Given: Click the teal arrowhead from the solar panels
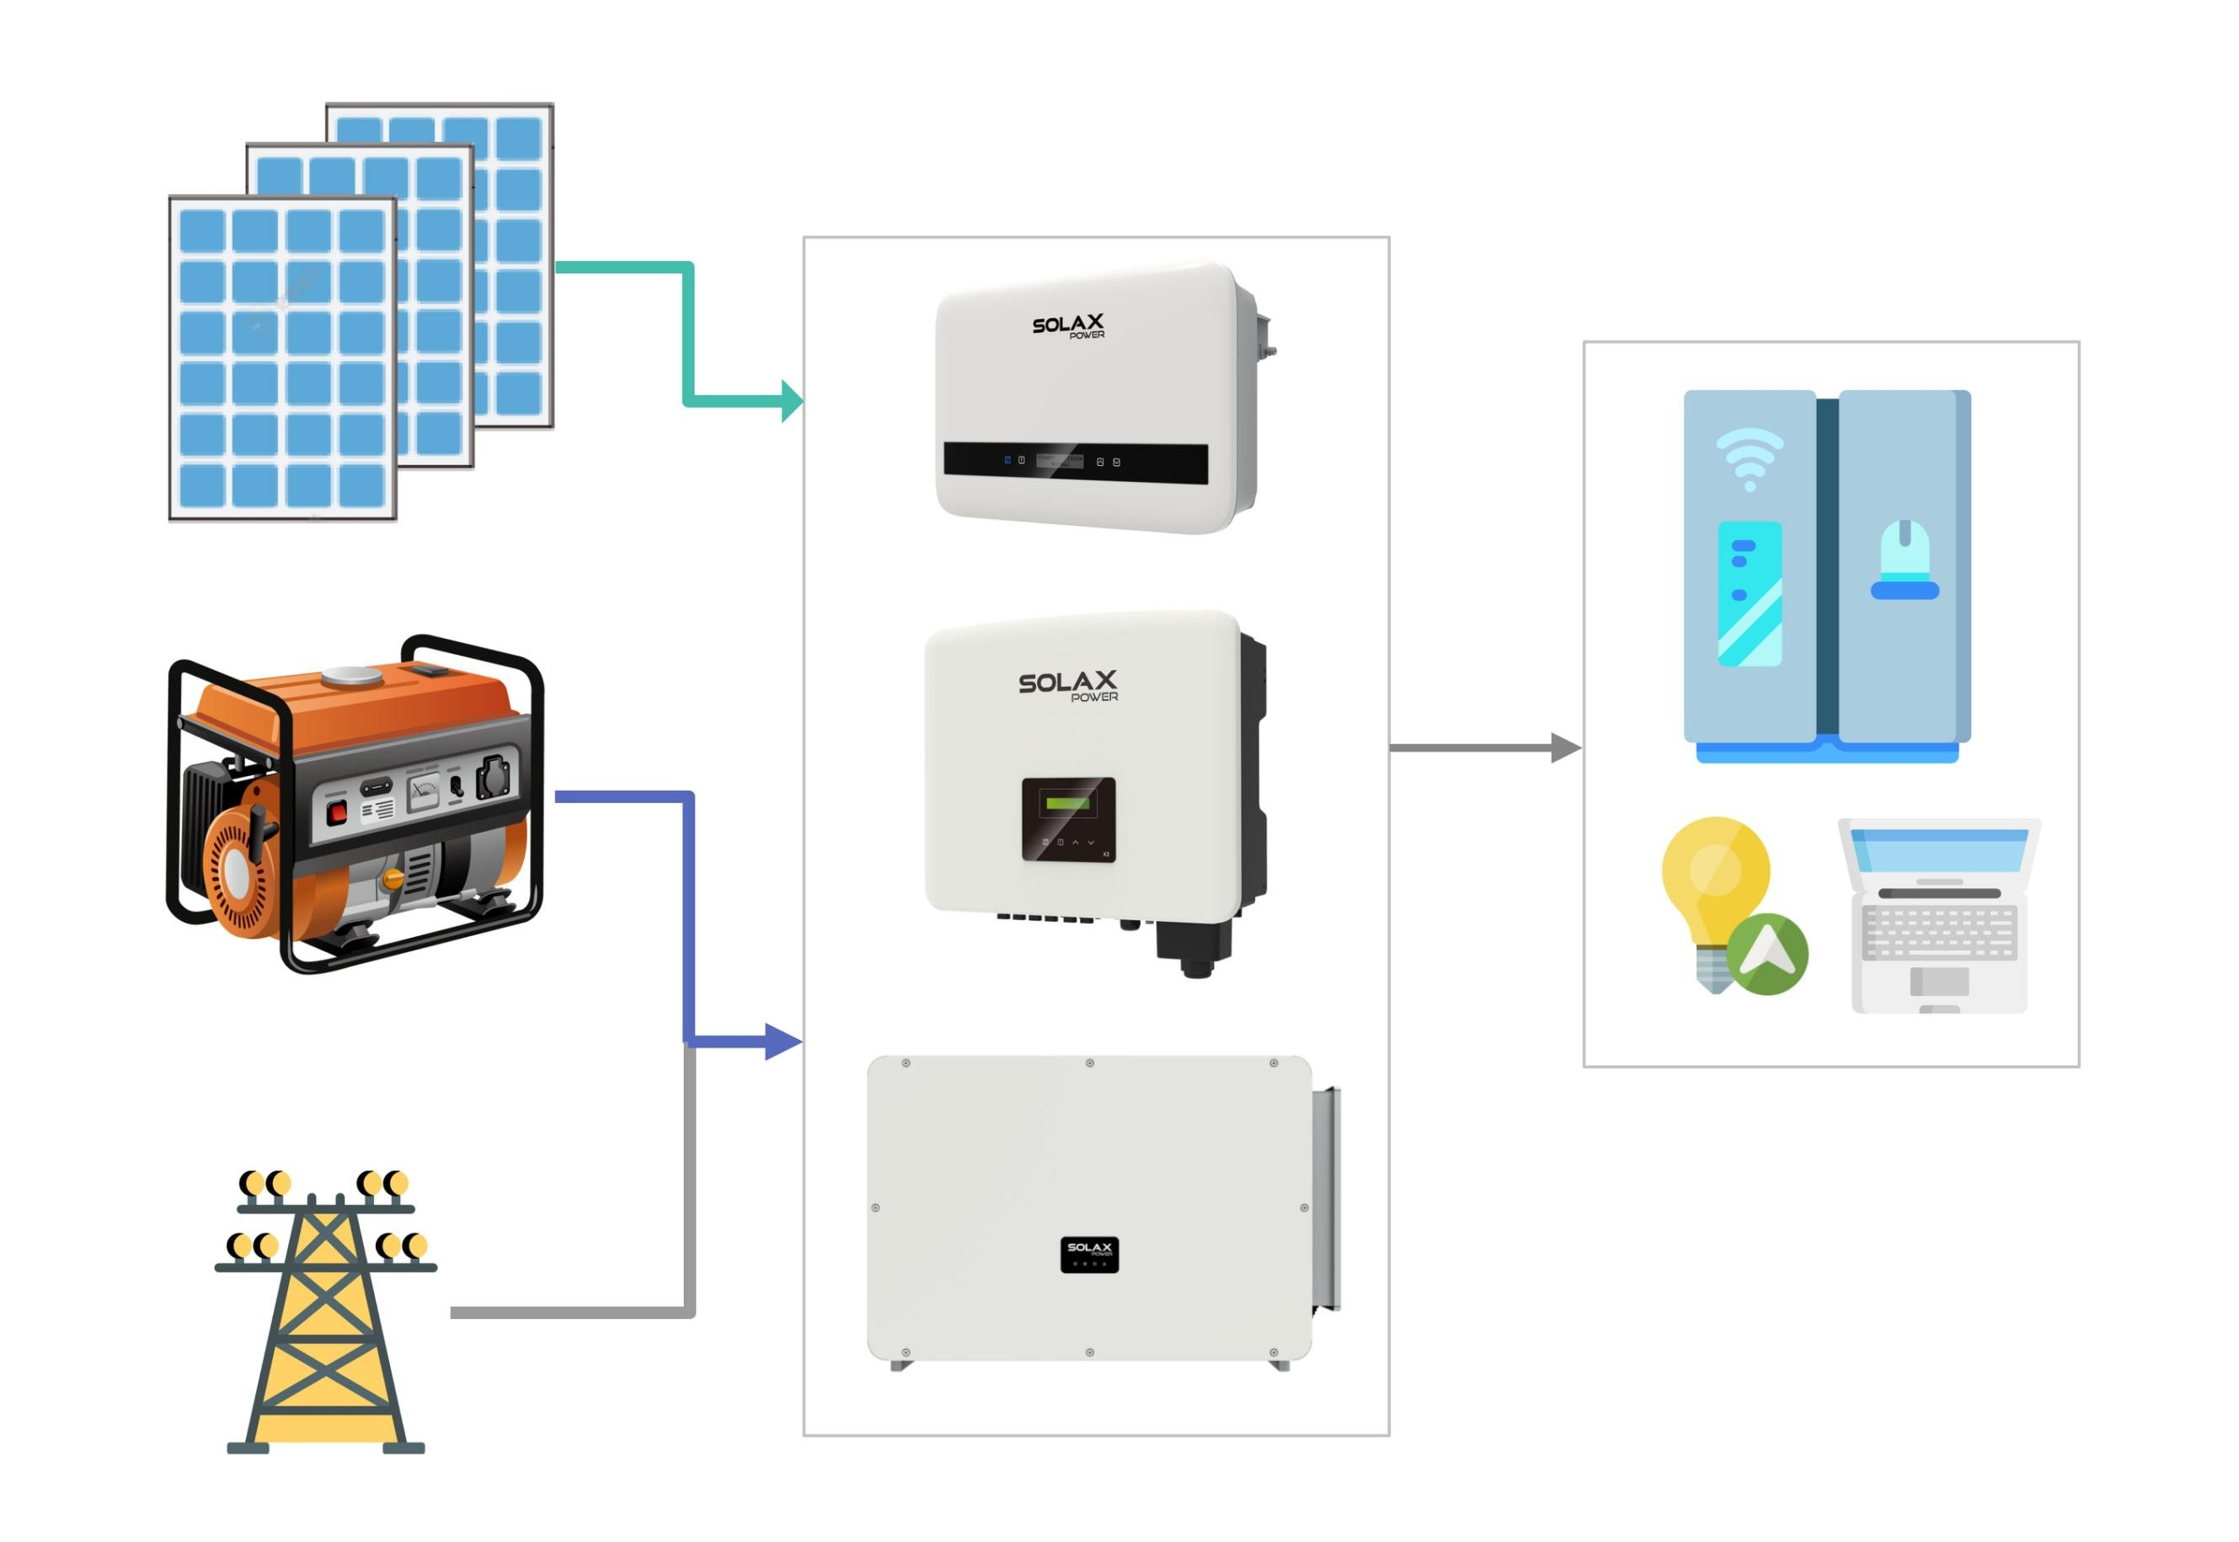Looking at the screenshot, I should click(792, 401).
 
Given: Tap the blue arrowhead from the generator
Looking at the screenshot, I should click(784, 1041).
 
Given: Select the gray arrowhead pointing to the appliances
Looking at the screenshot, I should click(1565, 747).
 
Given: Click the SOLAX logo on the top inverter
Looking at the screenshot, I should click(1067, 325).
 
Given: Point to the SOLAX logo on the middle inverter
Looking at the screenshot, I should click(1067, 684).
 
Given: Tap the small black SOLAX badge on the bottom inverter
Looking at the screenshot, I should click(1088, 1254).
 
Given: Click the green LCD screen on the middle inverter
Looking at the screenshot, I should click(1067, 802).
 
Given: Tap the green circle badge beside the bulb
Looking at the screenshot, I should click(1766, 955).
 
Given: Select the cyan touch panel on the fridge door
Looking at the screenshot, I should click(1750, 593).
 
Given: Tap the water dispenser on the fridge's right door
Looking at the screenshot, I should click(1905, 560).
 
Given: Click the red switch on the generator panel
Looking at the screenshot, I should click(336, 811).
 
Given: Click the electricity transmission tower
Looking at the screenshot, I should click(325, 1314).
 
